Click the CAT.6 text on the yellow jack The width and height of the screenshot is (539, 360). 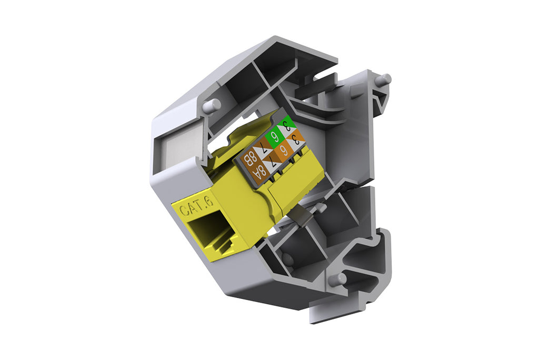pos(195,207)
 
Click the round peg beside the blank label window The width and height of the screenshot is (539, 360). pos(212,105)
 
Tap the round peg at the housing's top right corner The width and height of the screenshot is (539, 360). pos(384,79)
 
